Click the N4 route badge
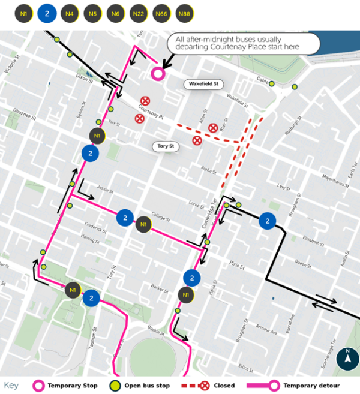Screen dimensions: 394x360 [x=70, y=13]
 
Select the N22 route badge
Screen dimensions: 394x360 [x=139, y=13]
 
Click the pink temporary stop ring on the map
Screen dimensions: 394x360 [x=158, y=74]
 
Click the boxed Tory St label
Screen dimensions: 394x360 [x=165, y=146]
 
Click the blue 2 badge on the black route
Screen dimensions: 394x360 [x=266, y=221]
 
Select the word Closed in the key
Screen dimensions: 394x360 [x=224, y=386]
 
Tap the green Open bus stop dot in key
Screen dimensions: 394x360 [x=115, y=385]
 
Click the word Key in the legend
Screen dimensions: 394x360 [x=12, y=385]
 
